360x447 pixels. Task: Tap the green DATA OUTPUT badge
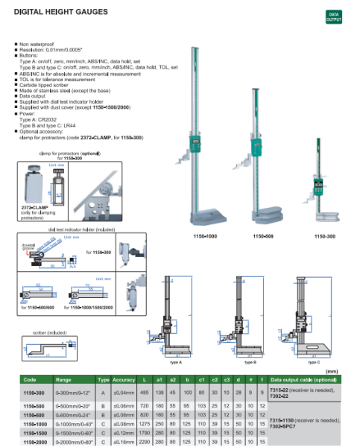(x=333, y=16)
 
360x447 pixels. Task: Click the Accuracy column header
(x=124, y=379)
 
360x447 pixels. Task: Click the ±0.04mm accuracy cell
(x=124, y=392)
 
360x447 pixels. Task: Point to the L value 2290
(x=147, y=442)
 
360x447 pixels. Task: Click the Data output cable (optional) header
(x=309, y=379)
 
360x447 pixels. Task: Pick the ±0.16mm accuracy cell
(x=124, y=442)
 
